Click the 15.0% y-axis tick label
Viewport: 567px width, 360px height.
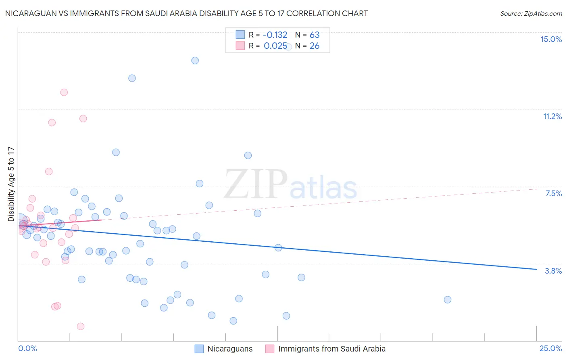551,39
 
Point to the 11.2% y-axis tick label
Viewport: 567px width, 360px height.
552,116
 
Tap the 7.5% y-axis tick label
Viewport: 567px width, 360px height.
553,193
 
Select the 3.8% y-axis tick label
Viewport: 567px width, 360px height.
553,271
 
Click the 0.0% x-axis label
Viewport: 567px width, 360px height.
27,348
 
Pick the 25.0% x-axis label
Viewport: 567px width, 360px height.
550,348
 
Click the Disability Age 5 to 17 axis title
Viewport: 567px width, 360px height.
11,184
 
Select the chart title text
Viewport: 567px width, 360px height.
186,13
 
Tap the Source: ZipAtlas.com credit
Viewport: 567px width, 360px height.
531,13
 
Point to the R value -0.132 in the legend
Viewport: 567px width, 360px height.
275,35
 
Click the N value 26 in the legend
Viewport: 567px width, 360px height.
315,46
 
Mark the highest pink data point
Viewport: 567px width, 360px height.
64,92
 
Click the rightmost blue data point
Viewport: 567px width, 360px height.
447,299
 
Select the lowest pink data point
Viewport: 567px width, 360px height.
81,326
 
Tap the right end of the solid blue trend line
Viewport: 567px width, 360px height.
536,269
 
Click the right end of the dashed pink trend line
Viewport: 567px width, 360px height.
537,188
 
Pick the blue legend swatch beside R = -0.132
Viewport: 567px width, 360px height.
240,35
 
